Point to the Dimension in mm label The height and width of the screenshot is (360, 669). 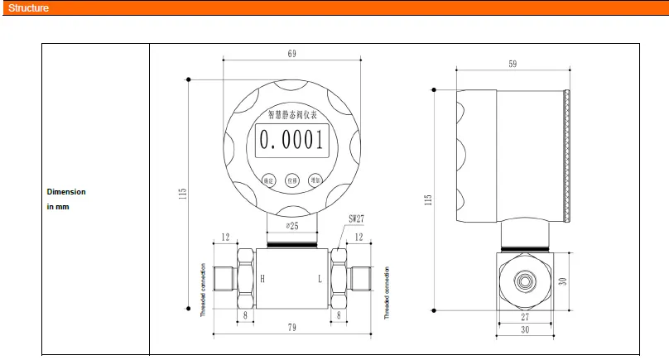66,199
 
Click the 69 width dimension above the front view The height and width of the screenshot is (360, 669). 291,54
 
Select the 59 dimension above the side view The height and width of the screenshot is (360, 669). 513,64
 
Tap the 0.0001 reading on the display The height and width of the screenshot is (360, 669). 291,140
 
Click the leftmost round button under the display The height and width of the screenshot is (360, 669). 267,179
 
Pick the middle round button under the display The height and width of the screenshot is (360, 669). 291,180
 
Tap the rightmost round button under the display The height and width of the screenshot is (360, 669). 315,179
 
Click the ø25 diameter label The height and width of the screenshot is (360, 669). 291,225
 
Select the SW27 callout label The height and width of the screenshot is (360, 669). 357,220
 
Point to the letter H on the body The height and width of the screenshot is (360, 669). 264,279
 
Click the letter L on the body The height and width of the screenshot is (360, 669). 320,279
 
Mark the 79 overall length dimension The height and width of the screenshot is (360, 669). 291,329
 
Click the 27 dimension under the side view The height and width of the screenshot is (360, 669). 524,317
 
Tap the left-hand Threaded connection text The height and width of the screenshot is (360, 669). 203,291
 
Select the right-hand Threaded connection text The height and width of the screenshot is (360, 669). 386,292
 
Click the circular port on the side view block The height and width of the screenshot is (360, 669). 524,281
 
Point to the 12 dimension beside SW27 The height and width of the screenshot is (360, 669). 359,238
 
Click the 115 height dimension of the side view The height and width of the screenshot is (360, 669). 428,199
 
